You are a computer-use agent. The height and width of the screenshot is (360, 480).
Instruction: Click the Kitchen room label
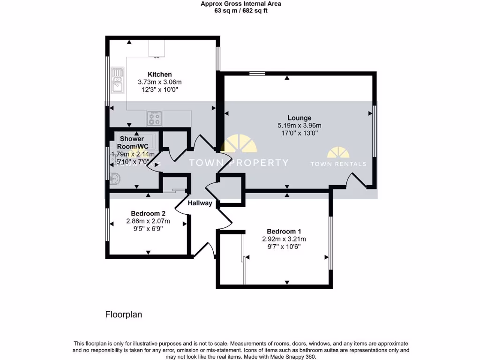click(159, 75)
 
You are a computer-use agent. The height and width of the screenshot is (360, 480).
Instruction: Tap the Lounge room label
click(299, 118)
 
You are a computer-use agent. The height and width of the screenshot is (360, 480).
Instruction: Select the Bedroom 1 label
click(284, 231)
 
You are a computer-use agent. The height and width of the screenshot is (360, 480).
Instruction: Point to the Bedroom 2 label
click(148, 214)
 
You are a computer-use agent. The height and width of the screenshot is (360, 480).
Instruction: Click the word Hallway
click(200, 203)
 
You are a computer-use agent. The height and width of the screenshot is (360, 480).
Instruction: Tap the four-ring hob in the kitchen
click(154, 119)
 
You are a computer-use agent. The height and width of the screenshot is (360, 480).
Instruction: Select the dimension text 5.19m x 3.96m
click(299, 126)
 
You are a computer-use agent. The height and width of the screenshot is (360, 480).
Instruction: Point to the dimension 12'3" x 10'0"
click(159, 89)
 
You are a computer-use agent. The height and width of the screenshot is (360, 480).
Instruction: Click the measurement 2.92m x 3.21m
click(284, 239)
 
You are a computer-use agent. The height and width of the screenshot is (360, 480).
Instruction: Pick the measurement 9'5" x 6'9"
click(148, 228)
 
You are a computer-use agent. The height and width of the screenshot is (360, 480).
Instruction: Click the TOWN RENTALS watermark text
click(338, 164)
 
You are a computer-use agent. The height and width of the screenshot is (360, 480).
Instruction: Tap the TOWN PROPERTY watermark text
click(238, 163)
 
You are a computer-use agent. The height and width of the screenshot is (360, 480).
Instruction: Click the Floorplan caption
click(123, 315)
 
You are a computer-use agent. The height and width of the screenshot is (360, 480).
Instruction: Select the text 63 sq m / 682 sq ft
click(241, 11)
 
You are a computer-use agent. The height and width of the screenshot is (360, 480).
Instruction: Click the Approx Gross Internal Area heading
click(241, 4)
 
